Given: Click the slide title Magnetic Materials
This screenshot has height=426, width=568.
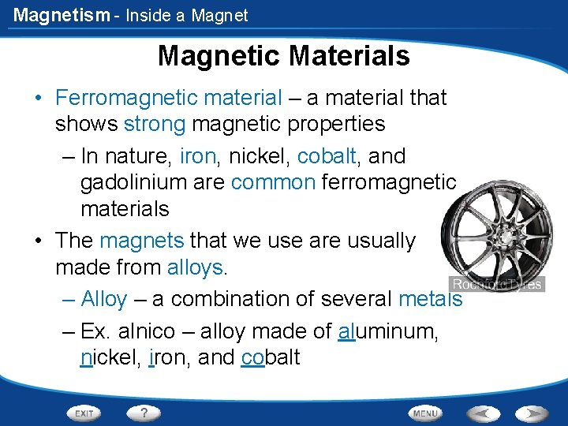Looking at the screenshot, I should (283, 56).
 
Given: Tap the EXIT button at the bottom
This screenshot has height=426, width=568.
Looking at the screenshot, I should (84, 413).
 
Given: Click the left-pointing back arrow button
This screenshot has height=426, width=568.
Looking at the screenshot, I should (484, 413).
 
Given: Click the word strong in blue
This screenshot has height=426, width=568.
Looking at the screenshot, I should (155, 125).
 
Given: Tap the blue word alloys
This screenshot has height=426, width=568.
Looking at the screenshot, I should (196, 267).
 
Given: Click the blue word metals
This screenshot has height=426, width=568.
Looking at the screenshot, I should (430, 299).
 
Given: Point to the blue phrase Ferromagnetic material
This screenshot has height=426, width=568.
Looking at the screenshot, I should (168, 98).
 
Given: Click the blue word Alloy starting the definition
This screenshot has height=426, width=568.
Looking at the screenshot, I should (104, 299).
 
